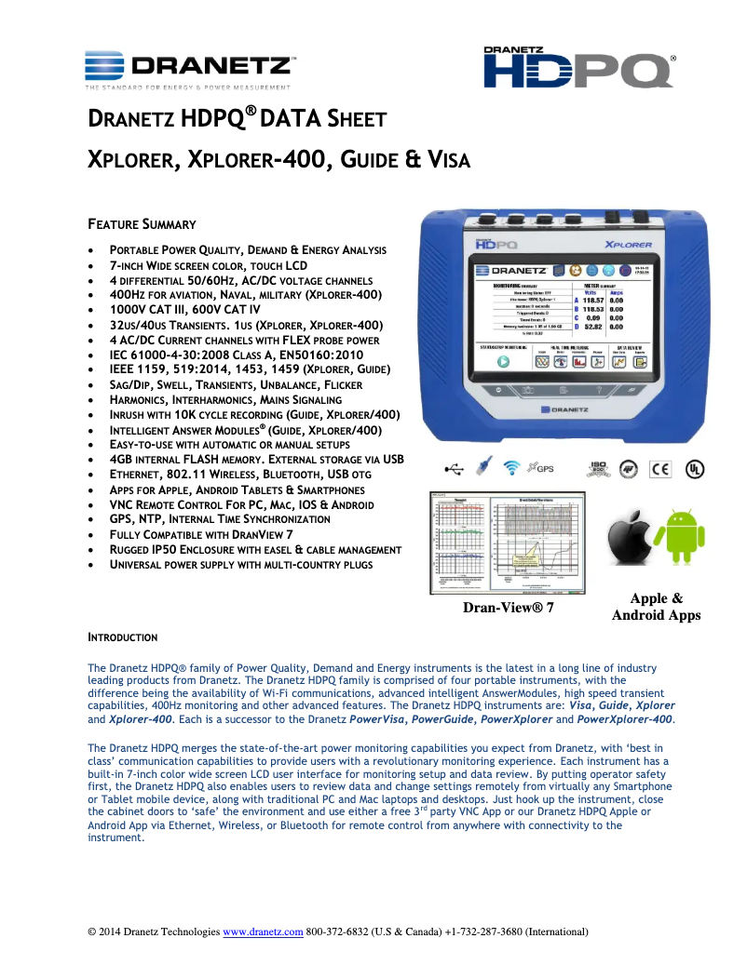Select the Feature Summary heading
(142, 224)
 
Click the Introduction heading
(122, 637)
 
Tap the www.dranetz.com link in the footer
(264, 931)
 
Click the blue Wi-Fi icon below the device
(510, 467)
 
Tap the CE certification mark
(660, 468)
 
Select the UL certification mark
(694, 468)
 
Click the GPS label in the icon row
(544, 467)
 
